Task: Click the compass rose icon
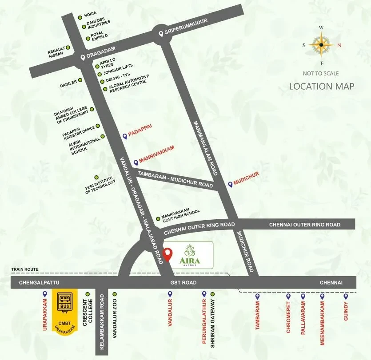(x=322, y=44)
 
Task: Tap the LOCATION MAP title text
(x=322, y=86)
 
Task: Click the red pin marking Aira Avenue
(x=168, y=254)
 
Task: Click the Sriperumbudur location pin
(x=160, y=33)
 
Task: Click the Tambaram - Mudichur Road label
(x=175, y=178)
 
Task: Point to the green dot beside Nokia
(x=80, y=17)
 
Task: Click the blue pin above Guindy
(x=345, y=296)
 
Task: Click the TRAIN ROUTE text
(x=25, y=269)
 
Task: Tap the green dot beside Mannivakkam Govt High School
(x=158, y=218)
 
